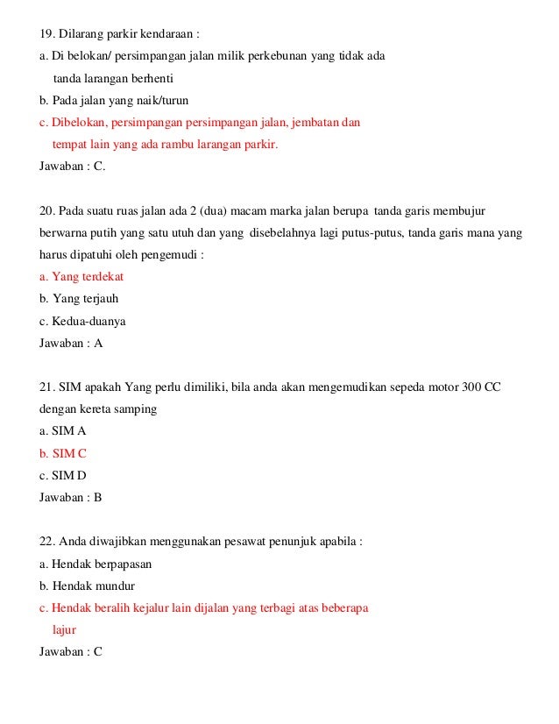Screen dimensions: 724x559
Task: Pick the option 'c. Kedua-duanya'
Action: click(x=82, y=321)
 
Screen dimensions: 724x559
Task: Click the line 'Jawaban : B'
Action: click(x=71, y=497)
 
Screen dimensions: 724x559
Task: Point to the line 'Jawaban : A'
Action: click(x=71, y=343)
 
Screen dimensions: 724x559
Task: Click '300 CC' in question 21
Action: click(x=482, y=387)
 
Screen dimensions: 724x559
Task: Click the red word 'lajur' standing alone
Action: click(x=65, y=630)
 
